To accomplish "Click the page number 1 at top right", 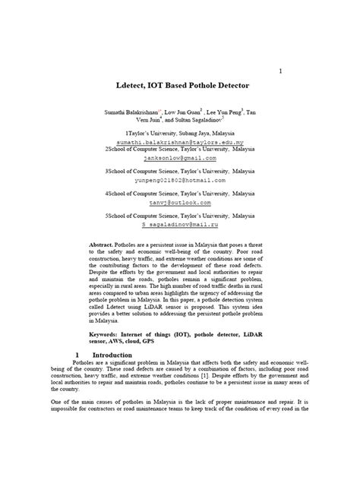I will [x=280, y=71].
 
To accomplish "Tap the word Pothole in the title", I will [x=204, y=87].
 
